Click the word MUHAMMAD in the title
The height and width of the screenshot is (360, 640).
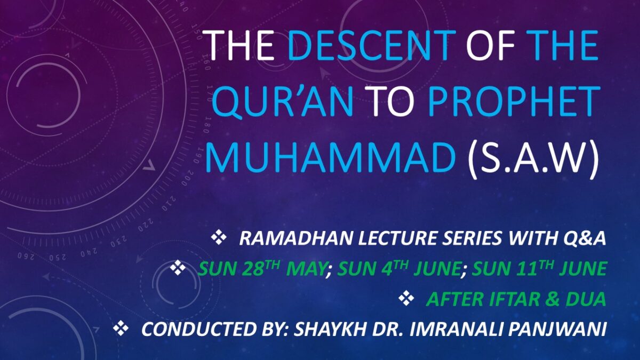point(330,157)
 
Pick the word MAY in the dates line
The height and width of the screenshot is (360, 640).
point(306,269)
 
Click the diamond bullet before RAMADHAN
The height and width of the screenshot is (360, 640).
point(219,238)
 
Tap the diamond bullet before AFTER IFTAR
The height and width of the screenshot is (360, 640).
point(406,299)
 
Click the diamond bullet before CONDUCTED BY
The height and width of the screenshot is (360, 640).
point(121,329)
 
